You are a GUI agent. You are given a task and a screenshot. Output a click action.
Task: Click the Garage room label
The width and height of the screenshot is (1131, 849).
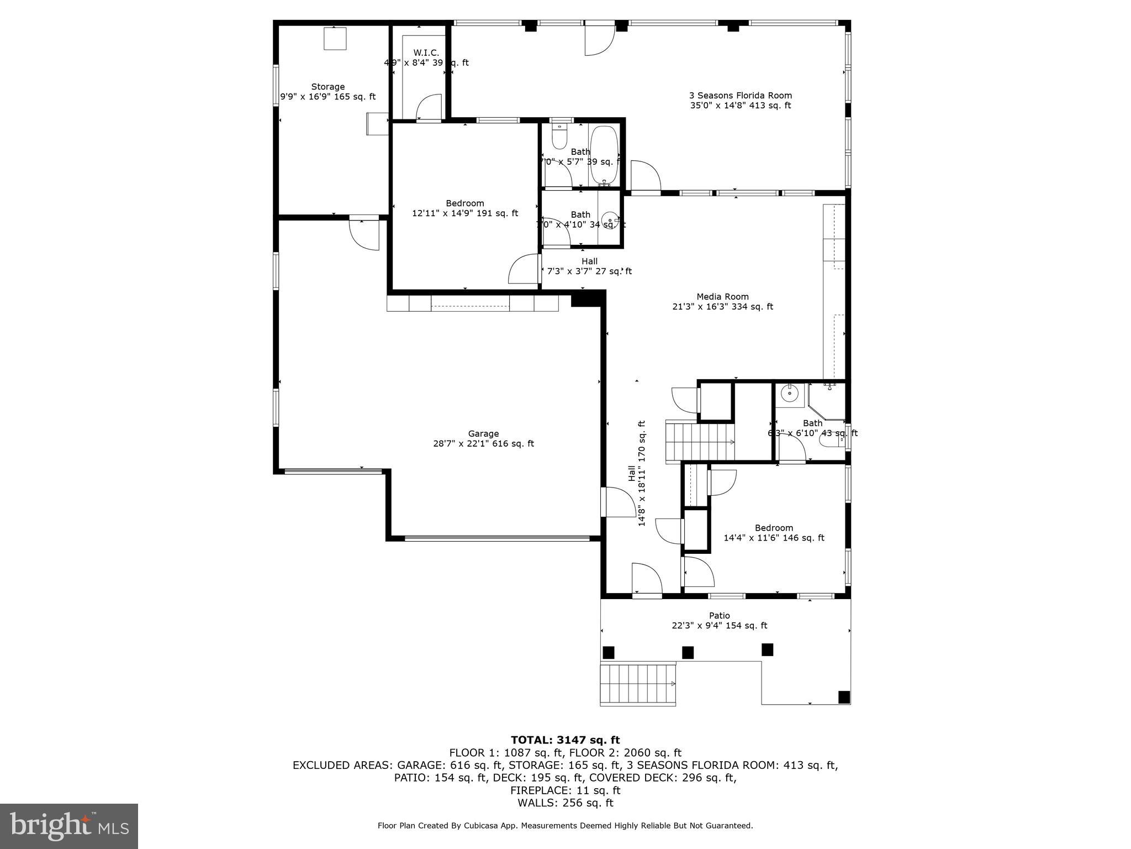pyautogui.click(x=483, y=439)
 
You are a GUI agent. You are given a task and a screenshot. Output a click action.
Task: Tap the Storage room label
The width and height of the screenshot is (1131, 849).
pyautogui.click(x=328, y=92)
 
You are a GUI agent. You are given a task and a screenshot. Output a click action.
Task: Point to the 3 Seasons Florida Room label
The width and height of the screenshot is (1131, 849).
pyautogui.click(x=740, y=101)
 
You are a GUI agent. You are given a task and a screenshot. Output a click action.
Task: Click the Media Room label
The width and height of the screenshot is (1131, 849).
pyautogui.click(x=722, y=302)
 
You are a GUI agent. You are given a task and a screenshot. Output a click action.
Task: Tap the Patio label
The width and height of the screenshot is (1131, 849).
pyautogui.click(x=719, y=621)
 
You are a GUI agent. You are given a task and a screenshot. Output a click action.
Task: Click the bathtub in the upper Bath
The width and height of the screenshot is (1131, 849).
pyautogui.click(x=604, y=155)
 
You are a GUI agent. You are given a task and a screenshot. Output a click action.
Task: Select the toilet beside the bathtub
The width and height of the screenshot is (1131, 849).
pyautogui.click(x=559, y=136)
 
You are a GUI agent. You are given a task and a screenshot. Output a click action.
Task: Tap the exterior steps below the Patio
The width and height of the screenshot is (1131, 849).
pyautogui.click(x=638, y=684)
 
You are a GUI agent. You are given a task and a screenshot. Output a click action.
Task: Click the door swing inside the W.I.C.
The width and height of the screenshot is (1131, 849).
pyautogui.click(x=429, y=107)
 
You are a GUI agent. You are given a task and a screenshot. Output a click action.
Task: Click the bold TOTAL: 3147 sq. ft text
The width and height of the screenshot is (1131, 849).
pyautogui.click(x=565, y=740)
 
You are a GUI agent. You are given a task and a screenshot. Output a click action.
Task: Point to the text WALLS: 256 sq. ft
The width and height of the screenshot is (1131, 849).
pyautogui.click(x=565, y=803)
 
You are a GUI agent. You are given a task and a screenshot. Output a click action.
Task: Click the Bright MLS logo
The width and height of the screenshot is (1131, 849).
pyautogui.click(x=69, y=826)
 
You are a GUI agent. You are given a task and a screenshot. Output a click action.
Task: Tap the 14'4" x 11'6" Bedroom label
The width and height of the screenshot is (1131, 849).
pyautogui.click(x=774, y=533)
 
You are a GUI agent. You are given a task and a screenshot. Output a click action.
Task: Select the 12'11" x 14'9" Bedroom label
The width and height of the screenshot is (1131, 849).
pyautogui.click(x=465, y=208)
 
